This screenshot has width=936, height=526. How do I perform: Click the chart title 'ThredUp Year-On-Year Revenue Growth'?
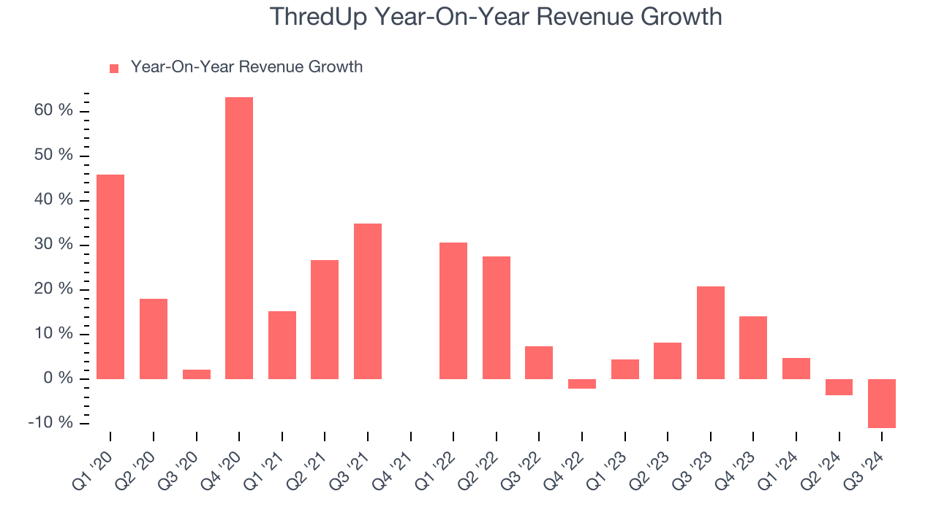click(x=496, y=17)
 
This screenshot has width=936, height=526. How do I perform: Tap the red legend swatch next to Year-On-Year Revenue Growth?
click(x=114, y=68)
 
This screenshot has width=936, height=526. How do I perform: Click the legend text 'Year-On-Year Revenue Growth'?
click(x=246, y=67)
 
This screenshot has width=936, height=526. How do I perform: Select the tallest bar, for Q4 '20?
click(x=239, y=238)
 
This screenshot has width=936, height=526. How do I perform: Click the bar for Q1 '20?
click(x=110, y=277)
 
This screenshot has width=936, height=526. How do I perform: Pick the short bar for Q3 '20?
click(x=197, y=374)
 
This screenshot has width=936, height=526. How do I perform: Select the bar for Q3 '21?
click(x=368, y=301)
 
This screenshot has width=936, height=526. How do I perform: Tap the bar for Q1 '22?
click(x=453, y=310)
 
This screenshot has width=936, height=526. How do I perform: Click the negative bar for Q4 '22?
click(x=582, y=384)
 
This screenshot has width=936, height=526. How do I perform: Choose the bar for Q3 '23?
click(x=711, y=332)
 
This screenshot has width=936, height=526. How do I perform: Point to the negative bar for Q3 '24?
click(x=882, y=403)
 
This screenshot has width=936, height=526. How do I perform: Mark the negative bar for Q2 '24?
click(x=839, y=387)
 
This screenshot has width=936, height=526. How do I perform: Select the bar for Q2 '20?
click(x=154, y=339)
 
